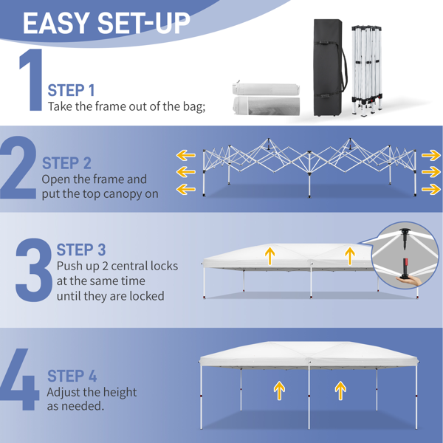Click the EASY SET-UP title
[106, 24]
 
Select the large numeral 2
[18, 168]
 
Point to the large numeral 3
[34, 269]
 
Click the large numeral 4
[20, 380]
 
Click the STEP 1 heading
[71, 90]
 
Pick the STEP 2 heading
[66, 163]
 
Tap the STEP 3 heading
[81, 250]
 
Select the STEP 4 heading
[72, 376]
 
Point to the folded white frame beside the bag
[367, 71]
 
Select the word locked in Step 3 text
[147, 296]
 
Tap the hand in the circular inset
[409, 281]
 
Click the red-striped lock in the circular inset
[405, 268]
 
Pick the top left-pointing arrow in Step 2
[186, 155]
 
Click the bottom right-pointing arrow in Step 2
[431, 189]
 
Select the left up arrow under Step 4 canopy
[279, 391]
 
